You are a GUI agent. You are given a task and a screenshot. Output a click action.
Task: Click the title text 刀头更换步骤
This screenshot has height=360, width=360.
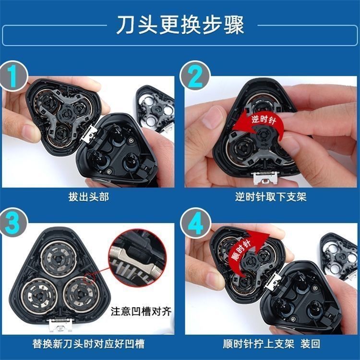(x=180, y=25)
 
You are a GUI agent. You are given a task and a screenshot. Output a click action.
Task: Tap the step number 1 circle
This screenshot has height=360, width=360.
(x=13, y=76)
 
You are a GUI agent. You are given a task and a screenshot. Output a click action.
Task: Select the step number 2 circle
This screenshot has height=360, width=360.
(x=195, y=76)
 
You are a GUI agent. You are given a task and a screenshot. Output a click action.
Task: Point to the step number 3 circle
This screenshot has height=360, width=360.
(x=13, y=222)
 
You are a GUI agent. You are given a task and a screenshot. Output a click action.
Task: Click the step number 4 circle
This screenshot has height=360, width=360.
(x=195, y=222)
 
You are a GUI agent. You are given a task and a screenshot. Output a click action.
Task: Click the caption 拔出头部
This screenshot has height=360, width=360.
(x=88, y=197)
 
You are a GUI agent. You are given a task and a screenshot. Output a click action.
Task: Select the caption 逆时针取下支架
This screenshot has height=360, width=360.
(x=271, y=197)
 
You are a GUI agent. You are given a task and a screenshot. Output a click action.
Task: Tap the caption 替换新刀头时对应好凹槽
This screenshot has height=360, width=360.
(x=88, y=344)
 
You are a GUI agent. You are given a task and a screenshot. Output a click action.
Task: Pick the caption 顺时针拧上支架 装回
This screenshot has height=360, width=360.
(x=271, y=344)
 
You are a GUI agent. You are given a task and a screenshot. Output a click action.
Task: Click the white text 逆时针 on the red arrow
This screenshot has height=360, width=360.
(x=264, y=120)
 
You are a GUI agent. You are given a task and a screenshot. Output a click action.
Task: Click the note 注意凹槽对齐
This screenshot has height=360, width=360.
(x=141, y=312)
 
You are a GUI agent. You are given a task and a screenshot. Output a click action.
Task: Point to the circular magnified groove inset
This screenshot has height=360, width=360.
(x=138, y=258)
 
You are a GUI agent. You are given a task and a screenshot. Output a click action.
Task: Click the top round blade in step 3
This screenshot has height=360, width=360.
(x=59, y=259)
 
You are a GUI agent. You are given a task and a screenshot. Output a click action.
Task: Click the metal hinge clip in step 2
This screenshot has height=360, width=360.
(x=265, y=178)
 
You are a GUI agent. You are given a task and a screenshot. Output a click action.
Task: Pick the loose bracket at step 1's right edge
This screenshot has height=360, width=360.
(x=156, y=108)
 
